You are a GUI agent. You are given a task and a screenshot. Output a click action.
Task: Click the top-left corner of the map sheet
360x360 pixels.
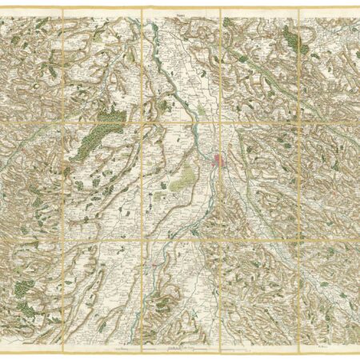tap(2, 10)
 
